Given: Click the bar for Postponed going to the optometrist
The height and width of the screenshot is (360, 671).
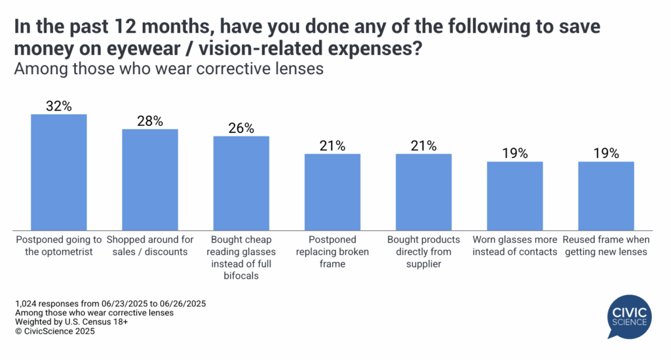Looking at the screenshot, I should pos(59,171).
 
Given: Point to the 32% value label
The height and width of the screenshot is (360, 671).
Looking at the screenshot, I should pos(59,105).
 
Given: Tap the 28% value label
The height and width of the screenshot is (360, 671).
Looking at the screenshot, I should pos(150,121).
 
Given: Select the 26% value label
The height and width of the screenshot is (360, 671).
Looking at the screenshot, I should pos(241,128).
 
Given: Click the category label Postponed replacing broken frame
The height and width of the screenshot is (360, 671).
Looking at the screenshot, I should pos(332,252).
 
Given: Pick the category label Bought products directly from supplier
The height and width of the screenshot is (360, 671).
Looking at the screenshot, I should pos(423,252).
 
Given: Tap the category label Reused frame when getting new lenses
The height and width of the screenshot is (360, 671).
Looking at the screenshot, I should pos(606,246).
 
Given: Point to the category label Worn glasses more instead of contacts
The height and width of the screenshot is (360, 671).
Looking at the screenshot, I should pos(514,246).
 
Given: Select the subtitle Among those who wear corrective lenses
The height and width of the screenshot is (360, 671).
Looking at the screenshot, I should pos(169,68).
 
